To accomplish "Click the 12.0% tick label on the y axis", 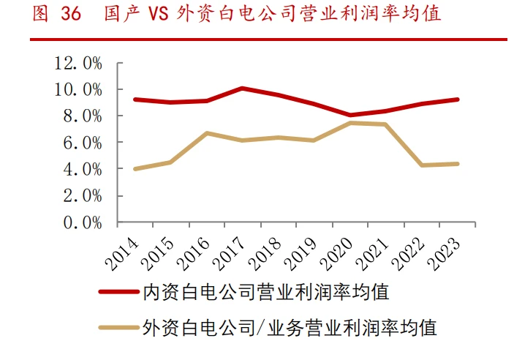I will click(x=78, y=63).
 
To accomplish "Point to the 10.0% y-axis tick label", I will click(x=78, y=89).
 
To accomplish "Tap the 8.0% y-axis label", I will click(x=83, y=116).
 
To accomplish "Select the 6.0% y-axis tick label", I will click(x=83, y=143).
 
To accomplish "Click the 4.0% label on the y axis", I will click(x=83, y=169).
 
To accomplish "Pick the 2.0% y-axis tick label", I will click(x=83, y=196).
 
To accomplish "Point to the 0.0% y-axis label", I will click(x=83, y=222).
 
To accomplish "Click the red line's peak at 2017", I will click(x=243, y=89).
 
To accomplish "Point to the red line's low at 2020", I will click(x=350, y=115).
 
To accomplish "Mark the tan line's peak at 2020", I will click(x=350, y=123).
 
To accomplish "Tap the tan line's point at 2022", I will click(x=422, y=165).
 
